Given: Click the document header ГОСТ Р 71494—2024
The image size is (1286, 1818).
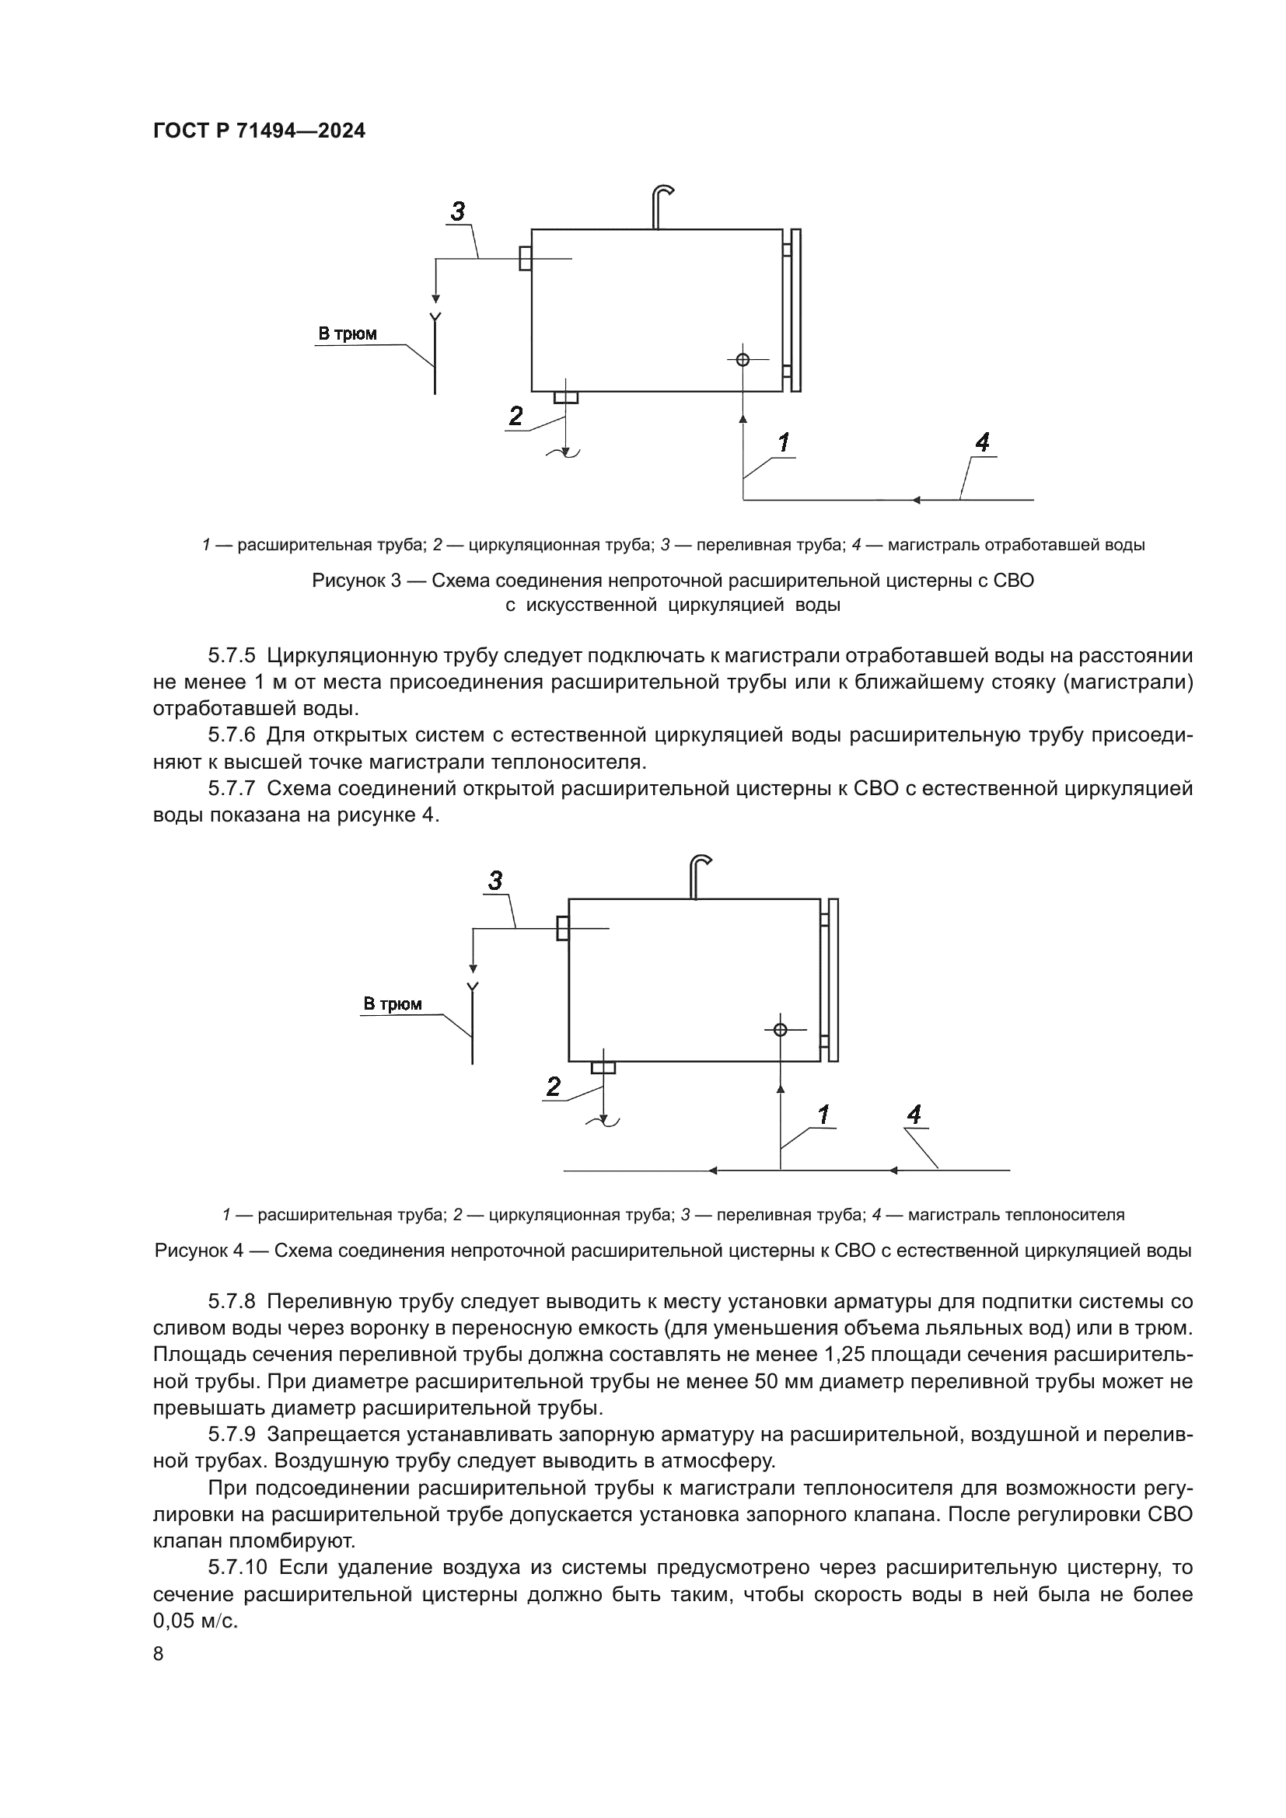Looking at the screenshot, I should coord(259,131).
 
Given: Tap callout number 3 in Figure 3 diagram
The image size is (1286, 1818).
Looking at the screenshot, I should coord(458,212).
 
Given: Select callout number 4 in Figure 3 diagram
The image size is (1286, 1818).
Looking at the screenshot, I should coord(982,441).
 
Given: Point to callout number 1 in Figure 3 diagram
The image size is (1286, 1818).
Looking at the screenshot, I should coord(783,442).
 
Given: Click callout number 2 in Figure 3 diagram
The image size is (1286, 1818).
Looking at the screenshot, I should coord(515,416).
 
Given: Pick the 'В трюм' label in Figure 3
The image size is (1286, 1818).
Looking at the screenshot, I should coord(348,334).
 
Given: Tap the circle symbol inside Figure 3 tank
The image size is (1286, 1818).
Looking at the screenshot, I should coord(743,361).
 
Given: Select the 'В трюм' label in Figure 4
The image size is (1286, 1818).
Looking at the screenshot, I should coord(393,1005).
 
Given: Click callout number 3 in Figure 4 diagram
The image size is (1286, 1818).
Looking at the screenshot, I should coord(496,881).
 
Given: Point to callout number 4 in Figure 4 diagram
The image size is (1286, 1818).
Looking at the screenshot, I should coord(914,1115).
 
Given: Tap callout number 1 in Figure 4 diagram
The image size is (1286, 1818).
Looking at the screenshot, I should coord(823,1115).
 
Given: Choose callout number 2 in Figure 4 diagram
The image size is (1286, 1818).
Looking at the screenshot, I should coord(554,1087).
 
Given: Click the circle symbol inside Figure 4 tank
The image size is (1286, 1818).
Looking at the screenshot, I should coord(780,1029).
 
